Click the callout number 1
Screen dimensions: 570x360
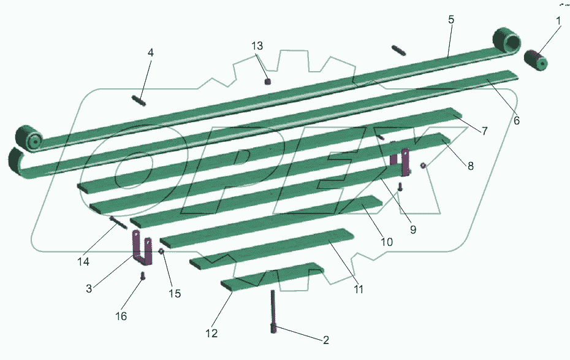(559, 21)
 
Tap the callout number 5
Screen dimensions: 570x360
(451, 19)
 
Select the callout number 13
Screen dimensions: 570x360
(257, 46)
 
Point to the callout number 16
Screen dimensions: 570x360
(121, 316)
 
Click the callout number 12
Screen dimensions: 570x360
(211, 333)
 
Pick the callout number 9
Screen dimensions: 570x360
(413, 229)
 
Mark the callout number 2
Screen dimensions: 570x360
(325, 340)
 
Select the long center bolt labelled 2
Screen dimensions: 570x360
(273, 311)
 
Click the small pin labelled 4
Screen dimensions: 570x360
(139, 100)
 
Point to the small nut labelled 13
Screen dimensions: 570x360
(268, 82)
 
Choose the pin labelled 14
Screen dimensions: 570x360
(118, 222)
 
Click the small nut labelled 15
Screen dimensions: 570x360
(161, 251)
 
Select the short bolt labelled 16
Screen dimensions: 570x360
(142, 275)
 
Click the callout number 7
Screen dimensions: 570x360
(485, 131)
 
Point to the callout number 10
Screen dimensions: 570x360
(387, 242)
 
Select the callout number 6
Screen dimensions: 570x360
(517, 120)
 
